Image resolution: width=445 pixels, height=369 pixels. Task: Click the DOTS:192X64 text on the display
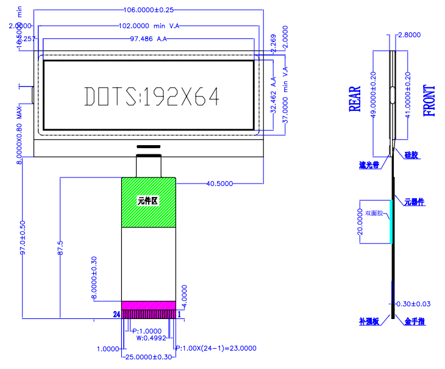(x=151, y=96)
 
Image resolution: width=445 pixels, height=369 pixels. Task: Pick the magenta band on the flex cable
(x=149, y=305)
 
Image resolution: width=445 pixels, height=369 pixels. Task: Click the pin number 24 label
(x=116, y=314)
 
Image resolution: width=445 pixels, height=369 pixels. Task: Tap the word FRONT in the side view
(x=429, y=101)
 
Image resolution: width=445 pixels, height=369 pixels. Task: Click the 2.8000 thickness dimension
(x=408, y=35)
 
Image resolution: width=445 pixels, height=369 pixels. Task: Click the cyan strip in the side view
(x=390, y=221)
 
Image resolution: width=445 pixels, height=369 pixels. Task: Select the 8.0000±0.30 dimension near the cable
(x=94, y=278)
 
